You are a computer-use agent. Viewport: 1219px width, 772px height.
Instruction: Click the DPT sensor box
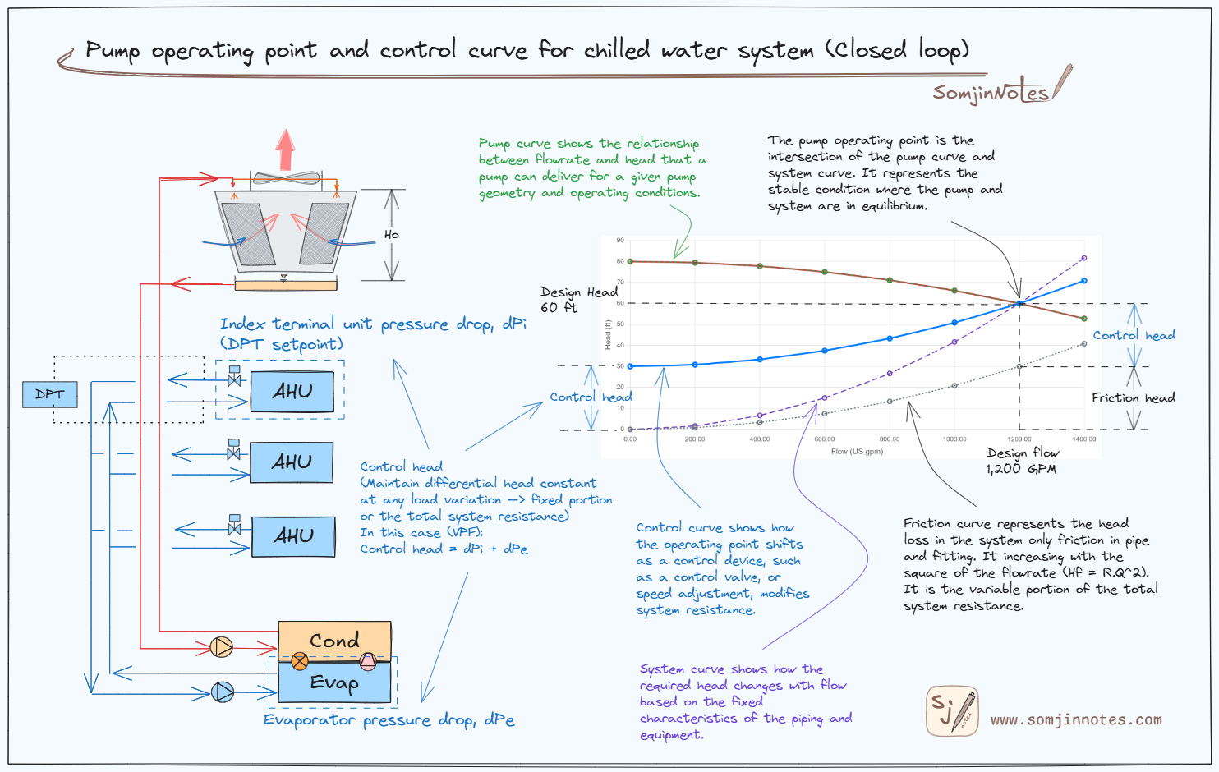(x=49, y=394)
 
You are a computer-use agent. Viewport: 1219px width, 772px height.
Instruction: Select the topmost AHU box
(x=292, y=392)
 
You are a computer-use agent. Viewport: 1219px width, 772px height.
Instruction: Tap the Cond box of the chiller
(x=334, y=640)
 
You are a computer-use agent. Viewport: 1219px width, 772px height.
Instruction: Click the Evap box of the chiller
(x=334, y=682)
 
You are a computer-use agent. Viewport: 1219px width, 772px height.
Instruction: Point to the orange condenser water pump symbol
(x=222, y=647)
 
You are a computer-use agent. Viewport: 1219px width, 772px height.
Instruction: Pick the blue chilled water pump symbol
(x=222, y=692)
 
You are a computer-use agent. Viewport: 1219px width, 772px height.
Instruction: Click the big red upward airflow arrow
(x=285, y=149)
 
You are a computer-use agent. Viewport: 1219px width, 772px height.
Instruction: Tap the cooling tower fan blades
(x=286, y=177)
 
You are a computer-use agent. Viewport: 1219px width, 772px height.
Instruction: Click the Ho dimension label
(x=392, y=235)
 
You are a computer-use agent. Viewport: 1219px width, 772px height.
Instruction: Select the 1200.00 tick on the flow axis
(x=1019, y=439)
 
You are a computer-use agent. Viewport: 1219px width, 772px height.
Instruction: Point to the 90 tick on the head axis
(x=620, y=241)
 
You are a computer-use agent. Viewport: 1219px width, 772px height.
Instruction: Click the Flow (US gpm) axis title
(x=857, y=452)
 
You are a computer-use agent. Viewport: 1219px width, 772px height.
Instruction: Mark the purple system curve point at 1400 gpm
(x=1084, y=258)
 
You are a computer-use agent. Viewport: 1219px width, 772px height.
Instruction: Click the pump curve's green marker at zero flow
(x=630, y=261)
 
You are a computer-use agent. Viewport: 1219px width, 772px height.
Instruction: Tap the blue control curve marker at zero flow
(x=630, y=366)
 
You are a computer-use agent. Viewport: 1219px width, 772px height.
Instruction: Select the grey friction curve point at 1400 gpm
(x=1084, y=343)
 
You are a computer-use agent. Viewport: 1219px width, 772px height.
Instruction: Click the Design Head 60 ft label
(x=578, y=300)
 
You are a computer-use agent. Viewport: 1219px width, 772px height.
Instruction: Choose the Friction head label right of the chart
(x=1133, y=397)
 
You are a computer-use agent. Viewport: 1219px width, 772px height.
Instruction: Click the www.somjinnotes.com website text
(x=1076, y=720)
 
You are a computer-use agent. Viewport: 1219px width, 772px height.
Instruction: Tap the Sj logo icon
(x=952, y=710)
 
